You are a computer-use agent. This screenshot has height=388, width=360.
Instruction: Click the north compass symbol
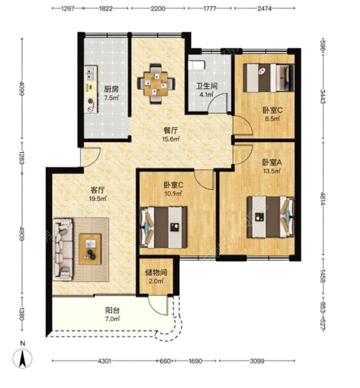(23, 359)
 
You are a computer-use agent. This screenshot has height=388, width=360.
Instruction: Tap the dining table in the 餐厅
(156, 84)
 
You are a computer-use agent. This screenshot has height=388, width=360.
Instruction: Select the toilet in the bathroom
(197, 65)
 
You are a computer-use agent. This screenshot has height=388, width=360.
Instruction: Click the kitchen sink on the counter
(89, 73)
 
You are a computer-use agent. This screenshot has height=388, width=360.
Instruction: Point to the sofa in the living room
(62, 249)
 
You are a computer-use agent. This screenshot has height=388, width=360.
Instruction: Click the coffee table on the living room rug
(90, 249)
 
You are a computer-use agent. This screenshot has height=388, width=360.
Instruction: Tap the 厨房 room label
(111, 89)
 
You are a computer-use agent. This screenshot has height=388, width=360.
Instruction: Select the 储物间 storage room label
(156, 273)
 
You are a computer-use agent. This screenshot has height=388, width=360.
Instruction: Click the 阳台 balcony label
(113, 310)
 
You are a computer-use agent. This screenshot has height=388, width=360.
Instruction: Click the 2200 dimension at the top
(158, 8)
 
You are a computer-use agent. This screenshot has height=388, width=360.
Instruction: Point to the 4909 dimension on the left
(22, 234)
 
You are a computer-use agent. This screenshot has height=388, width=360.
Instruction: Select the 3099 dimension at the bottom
(257, 361)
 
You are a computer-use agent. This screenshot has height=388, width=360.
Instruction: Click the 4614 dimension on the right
(323, 198)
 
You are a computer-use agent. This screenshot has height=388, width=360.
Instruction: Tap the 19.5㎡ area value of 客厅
(98, 198)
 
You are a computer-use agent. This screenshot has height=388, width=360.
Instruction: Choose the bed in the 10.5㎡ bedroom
(163, 227)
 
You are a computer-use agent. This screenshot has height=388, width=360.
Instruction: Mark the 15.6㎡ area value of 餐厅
(170, 139)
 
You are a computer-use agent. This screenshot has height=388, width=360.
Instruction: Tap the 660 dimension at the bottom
(165, 361)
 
